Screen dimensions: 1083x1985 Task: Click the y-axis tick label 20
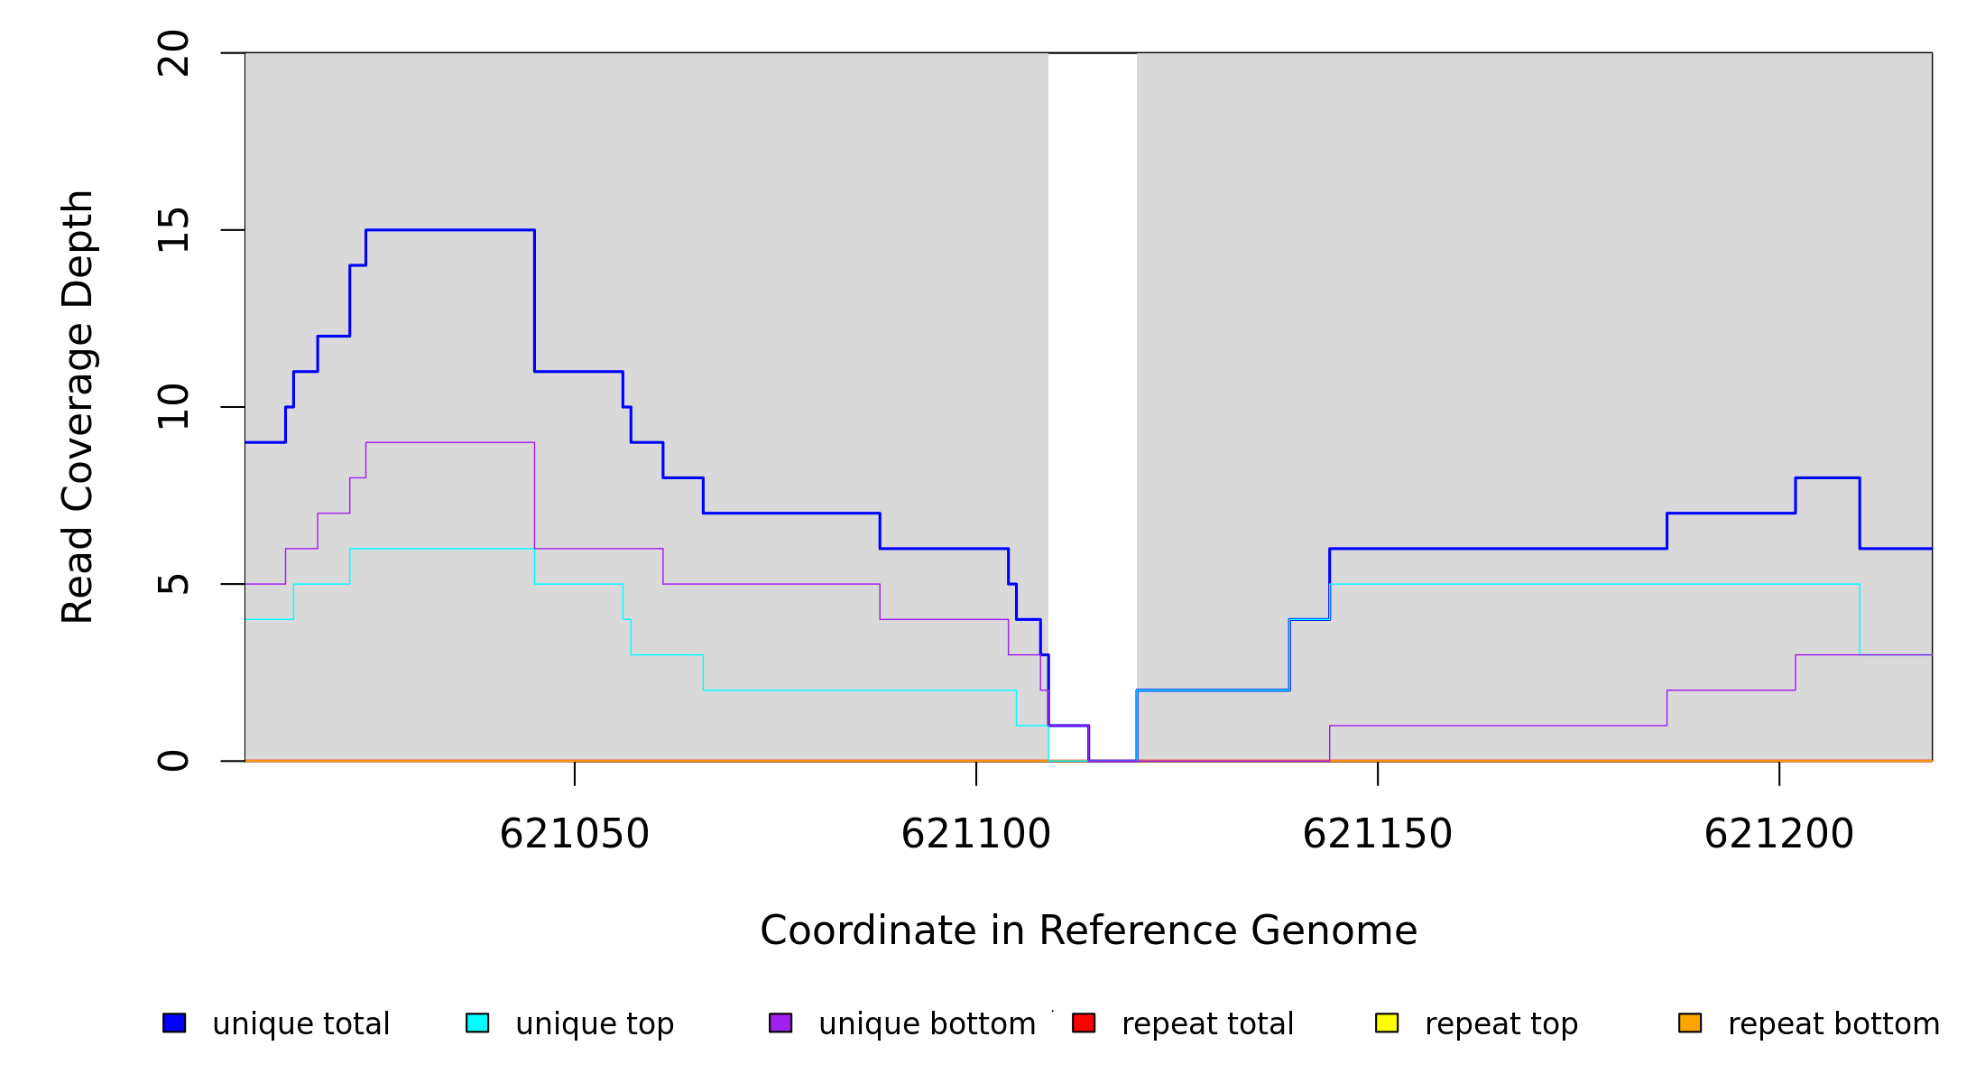[173, 53]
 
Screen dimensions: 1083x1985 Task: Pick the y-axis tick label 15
[173, 230]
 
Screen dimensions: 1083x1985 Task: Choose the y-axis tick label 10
[173, 407]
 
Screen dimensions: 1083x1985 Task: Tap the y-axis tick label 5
[173, 584]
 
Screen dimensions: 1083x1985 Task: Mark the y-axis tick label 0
[173, 761]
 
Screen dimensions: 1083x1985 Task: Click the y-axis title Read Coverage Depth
[78, 406]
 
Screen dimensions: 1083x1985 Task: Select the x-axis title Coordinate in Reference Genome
[1088, 931]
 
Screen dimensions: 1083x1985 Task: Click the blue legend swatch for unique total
[174, 1023]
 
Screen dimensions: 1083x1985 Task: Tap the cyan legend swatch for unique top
[477, 1023]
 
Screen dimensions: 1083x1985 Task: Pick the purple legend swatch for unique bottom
[780, 1023]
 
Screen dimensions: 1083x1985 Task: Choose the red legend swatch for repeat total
[1084, 1023]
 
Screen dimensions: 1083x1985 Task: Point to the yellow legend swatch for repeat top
[1387, 1023]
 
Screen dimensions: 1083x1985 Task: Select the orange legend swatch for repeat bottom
[1690, 1023]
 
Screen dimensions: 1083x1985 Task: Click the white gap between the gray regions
[1092, 361]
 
